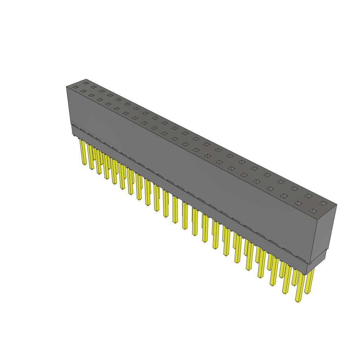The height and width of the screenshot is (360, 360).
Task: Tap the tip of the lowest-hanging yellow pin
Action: tap(298, 301)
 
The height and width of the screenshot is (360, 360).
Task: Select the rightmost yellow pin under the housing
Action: tap(309, 281)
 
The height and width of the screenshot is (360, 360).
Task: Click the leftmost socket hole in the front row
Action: tap(76, 87)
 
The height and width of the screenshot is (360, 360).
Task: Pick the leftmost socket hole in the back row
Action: tap(86, 83)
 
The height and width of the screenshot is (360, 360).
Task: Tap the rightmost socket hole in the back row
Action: tap(323, 203)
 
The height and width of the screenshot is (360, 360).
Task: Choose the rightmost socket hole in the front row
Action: tap(313, 211)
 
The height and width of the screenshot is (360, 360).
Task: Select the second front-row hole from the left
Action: tap(83, 91)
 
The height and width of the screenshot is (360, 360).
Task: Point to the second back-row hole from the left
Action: tap(94, 87)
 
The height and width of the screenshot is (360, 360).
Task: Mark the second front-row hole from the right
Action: tap(298, 203)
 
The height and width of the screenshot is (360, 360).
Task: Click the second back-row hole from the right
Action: tap(308, 196)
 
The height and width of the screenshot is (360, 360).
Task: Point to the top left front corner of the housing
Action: tap(66, 86)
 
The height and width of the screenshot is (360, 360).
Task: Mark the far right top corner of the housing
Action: tap(337, 204)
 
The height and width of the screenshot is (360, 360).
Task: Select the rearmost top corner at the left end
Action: tap(86, 79)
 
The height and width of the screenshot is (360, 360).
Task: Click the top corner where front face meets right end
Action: tap(317, 220)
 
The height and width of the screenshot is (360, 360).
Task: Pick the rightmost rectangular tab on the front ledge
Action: tap(301, 259)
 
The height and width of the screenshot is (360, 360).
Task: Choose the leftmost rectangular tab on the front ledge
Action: tap(75, 126)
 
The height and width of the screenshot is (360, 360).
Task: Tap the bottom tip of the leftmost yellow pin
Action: tap(85, 164)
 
